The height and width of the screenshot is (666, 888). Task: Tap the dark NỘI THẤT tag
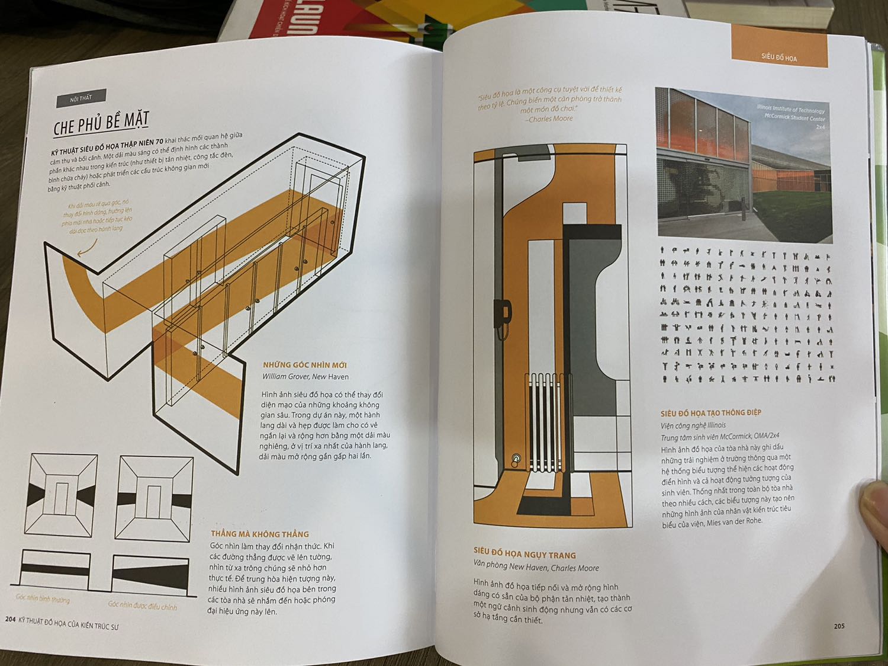click(x=81, y=99)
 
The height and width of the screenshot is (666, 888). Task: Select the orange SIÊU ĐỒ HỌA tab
click(x=778, y=57)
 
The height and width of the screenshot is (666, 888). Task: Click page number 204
click(x=10, y=619)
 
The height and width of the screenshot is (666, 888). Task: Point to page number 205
click(x=839, y=626)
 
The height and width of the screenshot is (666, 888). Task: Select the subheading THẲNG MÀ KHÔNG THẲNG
click(x=260, y=534)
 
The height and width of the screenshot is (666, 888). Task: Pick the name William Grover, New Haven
click(x=305, y=376)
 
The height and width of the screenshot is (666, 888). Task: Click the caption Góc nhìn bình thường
click(x=43, y=599)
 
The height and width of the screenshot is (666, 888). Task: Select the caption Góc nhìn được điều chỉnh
click(x=142, y=605)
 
